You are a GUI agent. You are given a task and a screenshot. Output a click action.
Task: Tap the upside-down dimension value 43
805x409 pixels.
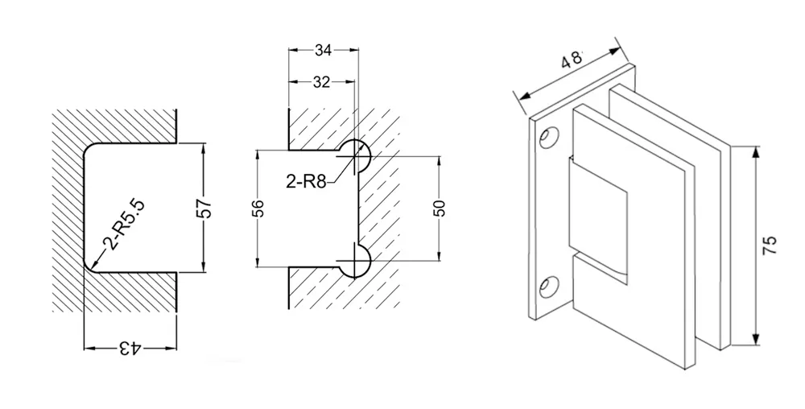(129, 348)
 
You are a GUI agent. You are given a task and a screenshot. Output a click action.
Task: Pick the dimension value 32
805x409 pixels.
(321, 81)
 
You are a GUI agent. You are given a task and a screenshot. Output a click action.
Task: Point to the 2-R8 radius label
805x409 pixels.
(306, 181)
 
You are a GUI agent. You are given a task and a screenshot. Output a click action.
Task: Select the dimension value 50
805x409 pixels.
(439, 209)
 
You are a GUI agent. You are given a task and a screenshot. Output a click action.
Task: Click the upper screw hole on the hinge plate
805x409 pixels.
(551, 139)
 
